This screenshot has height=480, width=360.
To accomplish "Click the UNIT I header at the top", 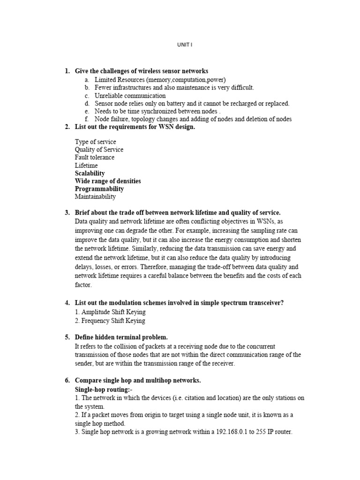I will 184,45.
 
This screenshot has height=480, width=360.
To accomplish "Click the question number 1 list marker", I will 67,71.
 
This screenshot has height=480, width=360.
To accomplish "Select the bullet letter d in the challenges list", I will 87,104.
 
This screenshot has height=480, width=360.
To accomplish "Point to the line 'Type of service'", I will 95,142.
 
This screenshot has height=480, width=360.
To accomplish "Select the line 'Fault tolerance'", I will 94,157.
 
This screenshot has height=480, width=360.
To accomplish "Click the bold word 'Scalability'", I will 90,173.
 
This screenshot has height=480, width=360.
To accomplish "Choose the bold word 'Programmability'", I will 99,189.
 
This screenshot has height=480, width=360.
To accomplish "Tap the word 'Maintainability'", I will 95,197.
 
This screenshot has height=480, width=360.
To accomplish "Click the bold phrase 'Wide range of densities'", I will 107,181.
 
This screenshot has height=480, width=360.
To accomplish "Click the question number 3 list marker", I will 67,213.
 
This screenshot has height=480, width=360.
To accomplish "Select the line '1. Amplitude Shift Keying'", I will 110,312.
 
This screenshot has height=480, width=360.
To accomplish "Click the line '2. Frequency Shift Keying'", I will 110,321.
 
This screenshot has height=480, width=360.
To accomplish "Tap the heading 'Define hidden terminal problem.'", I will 121,337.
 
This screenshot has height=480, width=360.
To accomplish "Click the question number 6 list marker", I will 67,380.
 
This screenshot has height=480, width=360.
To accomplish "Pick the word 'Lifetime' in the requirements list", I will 86,165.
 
